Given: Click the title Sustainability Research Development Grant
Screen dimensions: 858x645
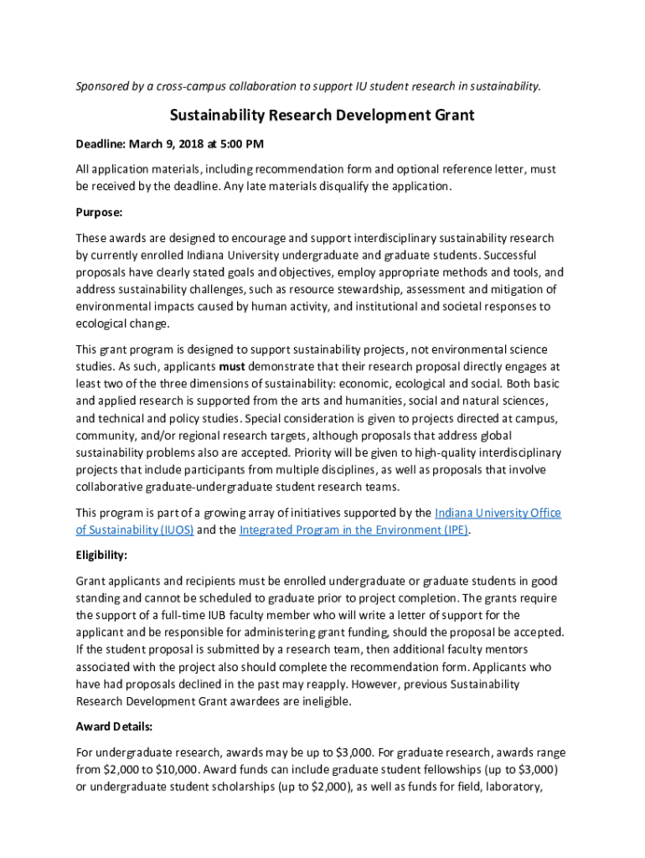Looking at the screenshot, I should [322, 115].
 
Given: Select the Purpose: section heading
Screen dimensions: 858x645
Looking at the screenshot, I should [100, 213].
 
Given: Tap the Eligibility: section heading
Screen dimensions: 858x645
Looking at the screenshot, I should [101, 556].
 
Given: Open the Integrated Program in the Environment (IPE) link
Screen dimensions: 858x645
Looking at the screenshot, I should [353, 530].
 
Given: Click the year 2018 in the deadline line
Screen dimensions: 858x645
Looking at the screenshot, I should [195, 143].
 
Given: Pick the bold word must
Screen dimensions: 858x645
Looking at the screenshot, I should [232, 367].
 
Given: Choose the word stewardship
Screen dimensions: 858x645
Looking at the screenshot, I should [366, 289].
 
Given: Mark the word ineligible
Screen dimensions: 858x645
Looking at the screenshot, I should [339, 701].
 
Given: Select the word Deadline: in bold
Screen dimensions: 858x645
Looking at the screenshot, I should [104, 143].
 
